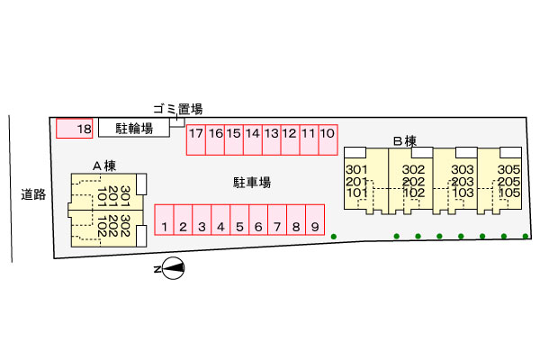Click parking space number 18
click(x=75, y=130)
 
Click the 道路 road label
click(x=33, y=193)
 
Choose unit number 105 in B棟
click(x=509, y=193)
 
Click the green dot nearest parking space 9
click(x=334, y=237)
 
